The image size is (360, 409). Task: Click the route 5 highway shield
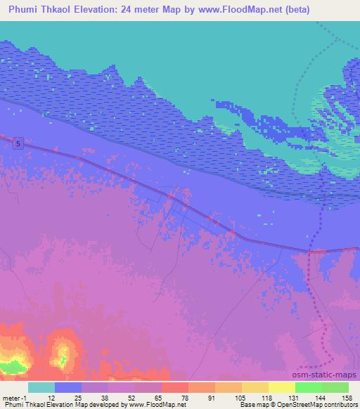click(18, 143)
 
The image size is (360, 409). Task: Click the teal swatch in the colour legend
click(41, 387)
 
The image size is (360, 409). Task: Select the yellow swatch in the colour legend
click(282, 387)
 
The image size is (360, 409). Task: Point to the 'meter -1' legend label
click(15, 397)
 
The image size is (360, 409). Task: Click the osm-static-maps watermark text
click(328, 374)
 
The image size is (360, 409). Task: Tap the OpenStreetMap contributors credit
click(318, 405)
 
